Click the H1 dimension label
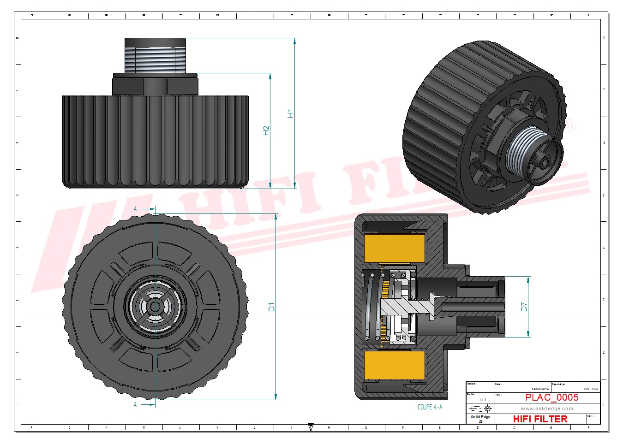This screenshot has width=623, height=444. (290, 113)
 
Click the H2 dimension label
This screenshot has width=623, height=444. (266, 131)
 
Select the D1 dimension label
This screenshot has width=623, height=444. (271, 307)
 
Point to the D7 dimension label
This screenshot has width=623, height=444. (524, 307)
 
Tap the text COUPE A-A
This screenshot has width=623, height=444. (430, 407)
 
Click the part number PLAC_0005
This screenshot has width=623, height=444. (551, 397)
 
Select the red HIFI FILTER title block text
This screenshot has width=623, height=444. (540, 419)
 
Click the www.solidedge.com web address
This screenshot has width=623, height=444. (547, 408)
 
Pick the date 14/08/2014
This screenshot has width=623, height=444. (540, 389)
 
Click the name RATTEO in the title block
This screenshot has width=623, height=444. (591, 389)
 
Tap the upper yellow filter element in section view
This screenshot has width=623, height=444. (395, 248)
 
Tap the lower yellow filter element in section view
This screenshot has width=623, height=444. (395, 366)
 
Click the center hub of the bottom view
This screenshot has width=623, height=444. (155, 306)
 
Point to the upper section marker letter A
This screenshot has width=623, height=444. (135, 209)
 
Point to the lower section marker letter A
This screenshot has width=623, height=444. (135, 405)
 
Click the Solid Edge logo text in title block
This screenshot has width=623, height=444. (480, 417)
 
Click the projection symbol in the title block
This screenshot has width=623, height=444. (480, 408)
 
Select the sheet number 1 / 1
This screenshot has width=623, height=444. (482, 399)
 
